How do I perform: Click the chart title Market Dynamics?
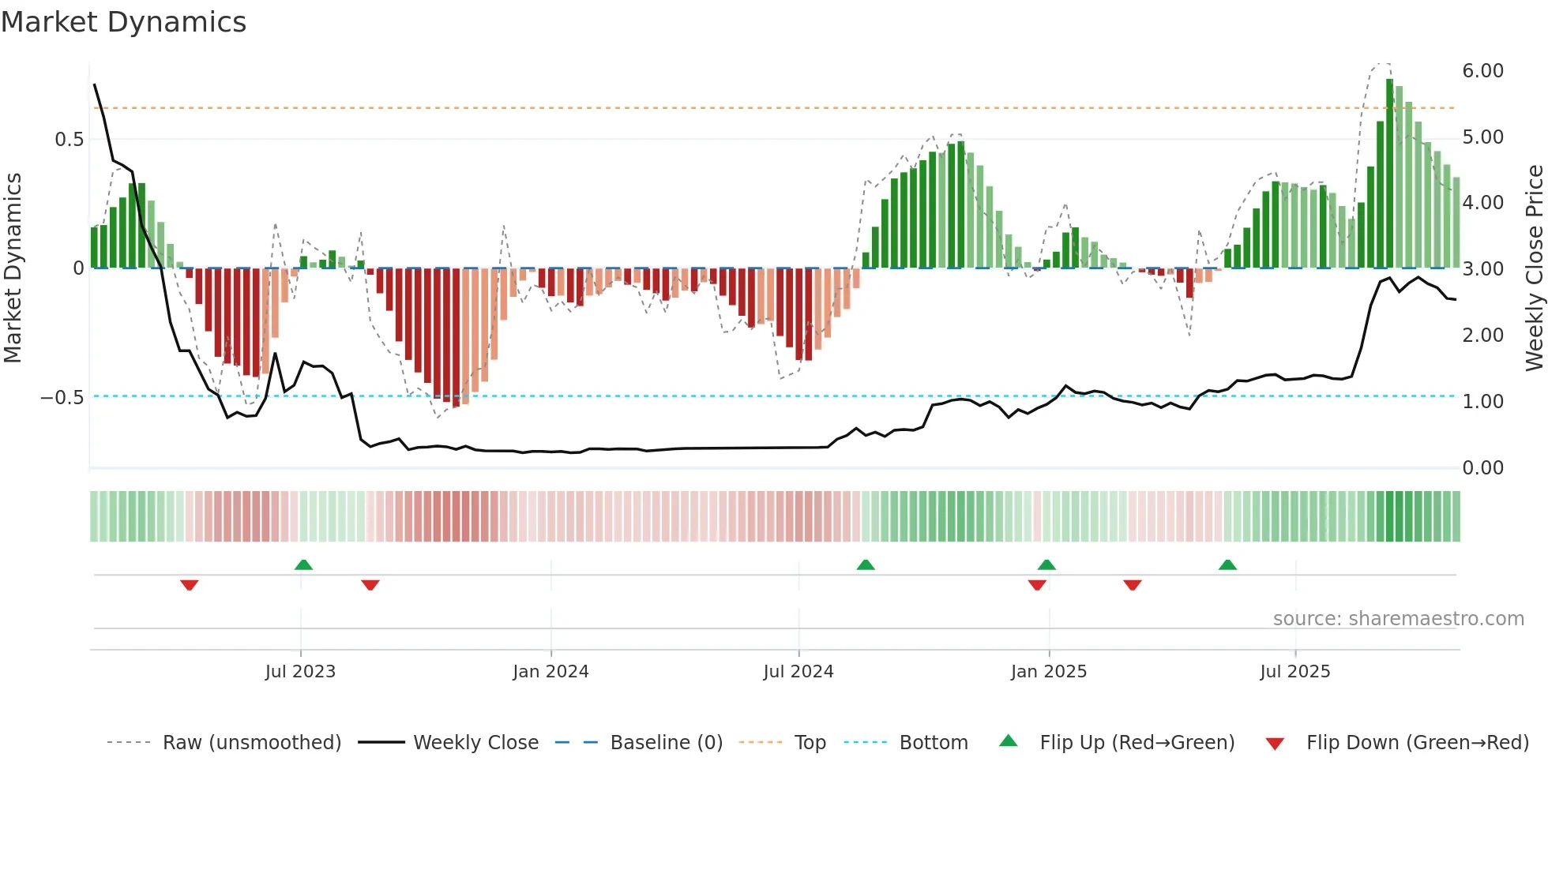[x=123, y=22]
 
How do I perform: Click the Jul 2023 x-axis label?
[x=300, y=671]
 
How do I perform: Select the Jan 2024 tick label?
[x=550, y=671]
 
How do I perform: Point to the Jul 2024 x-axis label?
[x=798, y=671]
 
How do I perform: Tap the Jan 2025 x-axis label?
[x=1048, y=671]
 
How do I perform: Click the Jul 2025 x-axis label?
[x=1294, y=671]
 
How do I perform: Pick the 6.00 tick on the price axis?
[x=1482, y=71]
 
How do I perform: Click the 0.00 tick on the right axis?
[x=1482, y=468]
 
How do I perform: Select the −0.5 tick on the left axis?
[x=62, y=397]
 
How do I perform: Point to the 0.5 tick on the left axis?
[x=69, y=140]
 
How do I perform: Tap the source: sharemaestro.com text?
[x=1398, y=618]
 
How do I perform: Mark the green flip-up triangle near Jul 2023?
[x=303, y=564]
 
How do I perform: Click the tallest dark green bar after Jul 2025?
[x=1389, y=174]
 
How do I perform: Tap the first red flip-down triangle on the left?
[x=189, y=585]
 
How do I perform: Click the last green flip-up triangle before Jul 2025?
[x=1227, y=564]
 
